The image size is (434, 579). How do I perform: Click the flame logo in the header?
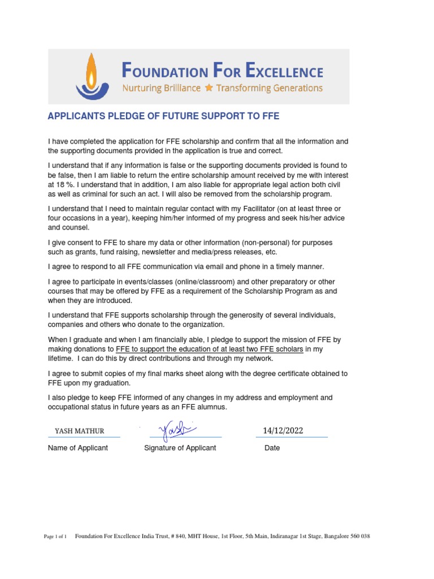click(90, 76)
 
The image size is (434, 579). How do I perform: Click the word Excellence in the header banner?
click(287, 71)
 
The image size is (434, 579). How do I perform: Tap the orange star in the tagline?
click(209, 88)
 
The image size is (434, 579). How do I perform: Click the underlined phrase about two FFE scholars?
click(210, 349)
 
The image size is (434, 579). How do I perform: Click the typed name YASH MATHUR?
click(80, 431)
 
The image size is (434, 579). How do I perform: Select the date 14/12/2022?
click(283, 430)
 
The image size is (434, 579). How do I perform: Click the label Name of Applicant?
click(78, 448)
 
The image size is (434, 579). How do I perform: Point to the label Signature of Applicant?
click(180, 448)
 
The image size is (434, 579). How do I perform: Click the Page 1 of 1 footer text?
click(55, 537)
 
